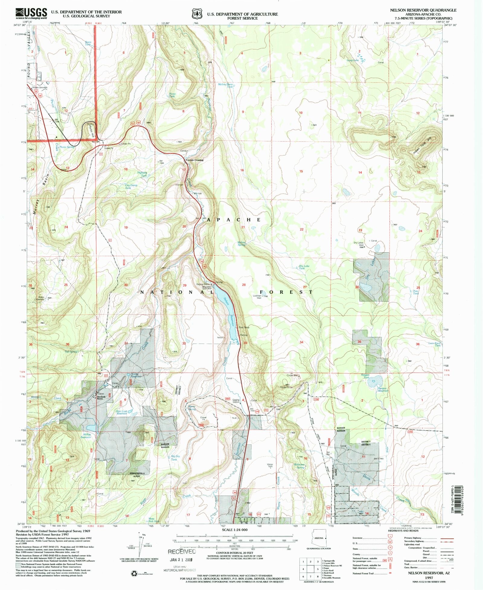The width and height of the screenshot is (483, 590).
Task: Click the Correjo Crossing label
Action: point(194,160)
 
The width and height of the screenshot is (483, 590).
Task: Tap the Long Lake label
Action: point(353,60)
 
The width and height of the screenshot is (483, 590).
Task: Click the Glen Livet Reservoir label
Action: point(122,412)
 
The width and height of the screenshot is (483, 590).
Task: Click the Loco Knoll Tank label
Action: point(435,344)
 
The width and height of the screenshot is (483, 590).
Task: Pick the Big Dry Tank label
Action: point(175,458)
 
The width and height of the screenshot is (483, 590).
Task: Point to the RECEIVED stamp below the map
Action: point(182,552)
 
